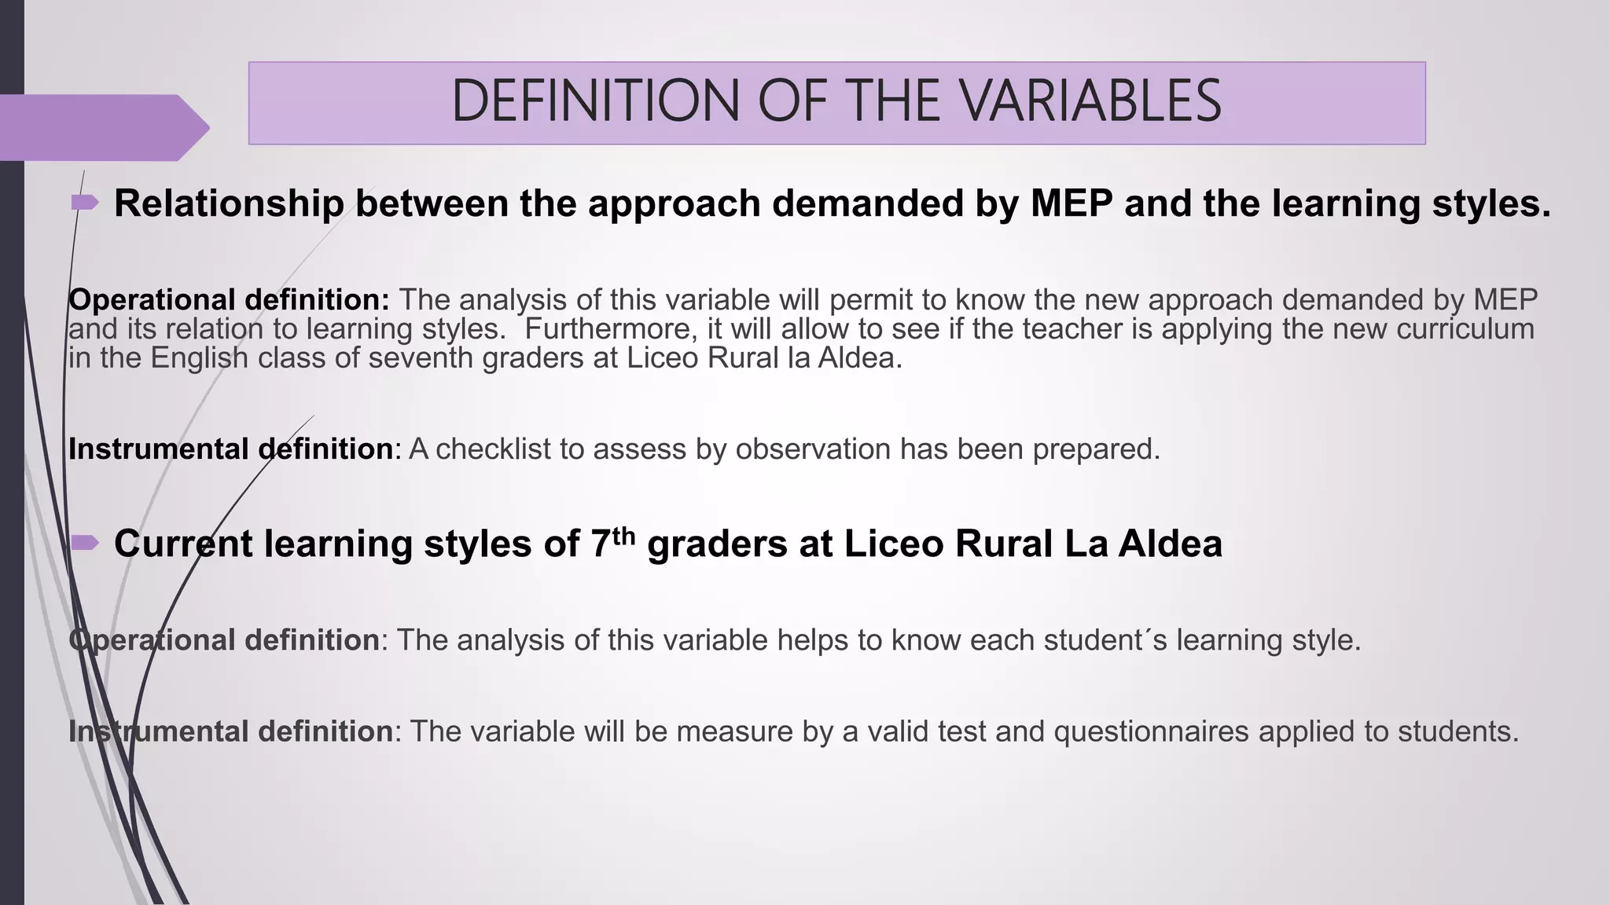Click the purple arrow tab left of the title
pyautogui.click(x=102, y=127)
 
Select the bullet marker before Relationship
pyautogui.click(x=85, y=203)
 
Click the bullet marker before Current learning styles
pyautogui.click(x=85, y=542)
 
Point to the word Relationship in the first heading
pyautogui.click(x=229, y=203)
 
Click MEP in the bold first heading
pyautogui.click(x=1071, y=203)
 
